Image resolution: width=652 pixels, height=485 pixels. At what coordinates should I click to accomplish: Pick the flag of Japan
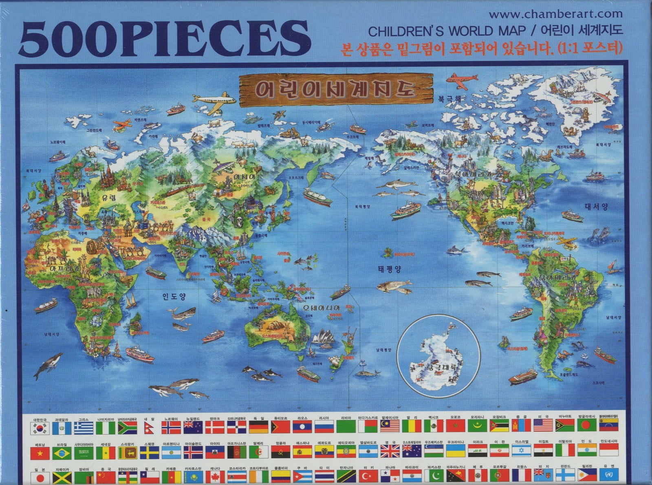click(x=40, y=476)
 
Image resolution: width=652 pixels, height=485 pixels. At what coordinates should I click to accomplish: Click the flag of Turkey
click(x=368, y=476)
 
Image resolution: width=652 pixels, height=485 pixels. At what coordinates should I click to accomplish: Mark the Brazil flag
click(x=62, y=452)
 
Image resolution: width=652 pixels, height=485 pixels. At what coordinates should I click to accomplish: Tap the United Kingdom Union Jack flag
click(x=390, y=451)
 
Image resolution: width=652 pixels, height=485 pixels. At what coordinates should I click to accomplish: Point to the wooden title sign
click(x=336, y=90)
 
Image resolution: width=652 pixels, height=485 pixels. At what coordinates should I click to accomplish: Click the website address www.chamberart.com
click(x=555, y=14)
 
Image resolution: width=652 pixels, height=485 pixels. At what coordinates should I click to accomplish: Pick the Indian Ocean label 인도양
click(x=174, y=296)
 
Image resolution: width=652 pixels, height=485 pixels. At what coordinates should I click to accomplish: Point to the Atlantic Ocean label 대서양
click(x=596, y=207)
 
